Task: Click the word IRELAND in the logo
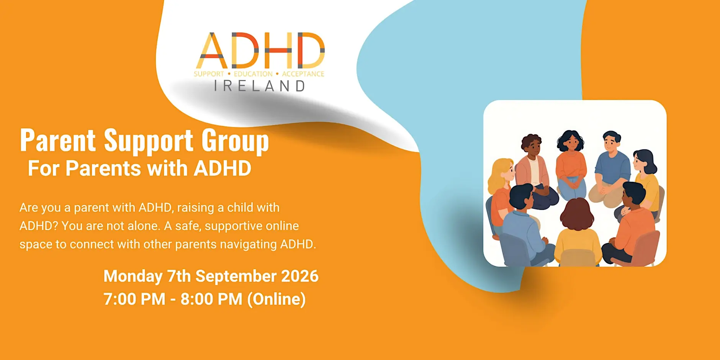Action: coord(259,86)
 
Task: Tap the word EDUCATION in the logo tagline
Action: coord(253,74)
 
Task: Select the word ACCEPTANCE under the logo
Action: coord(303,74)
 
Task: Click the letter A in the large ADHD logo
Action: coord(211,50)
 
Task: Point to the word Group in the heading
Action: coord(235,141)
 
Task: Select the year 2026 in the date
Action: coord(300,276)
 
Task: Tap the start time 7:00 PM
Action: coord(134,299)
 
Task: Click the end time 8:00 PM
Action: coord(211,299)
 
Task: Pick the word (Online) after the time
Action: coord(277,299)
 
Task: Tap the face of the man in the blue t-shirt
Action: coord(611,145)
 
